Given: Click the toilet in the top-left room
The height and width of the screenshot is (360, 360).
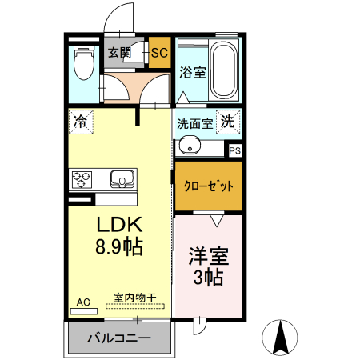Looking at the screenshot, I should point(82,64).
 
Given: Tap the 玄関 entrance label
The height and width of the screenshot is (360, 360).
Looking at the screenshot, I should point(119,54).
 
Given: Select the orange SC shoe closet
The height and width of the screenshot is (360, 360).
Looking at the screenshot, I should point(158,54).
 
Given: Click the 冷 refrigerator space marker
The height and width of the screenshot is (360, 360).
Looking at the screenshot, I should point(80,122).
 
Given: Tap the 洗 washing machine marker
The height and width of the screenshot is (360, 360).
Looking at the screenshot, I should point(228,122).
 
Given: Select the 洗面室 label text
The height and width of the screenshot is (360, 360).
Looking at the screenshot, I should point(194,124).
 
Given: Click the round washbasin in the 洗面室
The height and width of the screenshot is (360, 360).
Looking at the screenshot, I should point(190,146).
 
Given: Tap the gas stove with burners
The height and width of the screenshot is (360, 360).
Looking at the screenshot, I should point(83,178).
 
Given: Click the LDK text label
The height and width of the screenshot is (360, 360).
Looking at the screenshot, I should point(120,224).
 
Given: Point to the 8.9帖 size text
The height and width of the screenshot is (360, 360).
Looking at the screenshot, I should point(120,247).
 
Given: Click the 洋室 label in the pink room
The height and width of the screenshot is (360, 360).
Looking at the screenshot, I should point(209,257).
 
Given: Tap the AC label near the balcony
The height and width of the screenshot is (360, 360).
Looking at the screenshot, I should point(83,302).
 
